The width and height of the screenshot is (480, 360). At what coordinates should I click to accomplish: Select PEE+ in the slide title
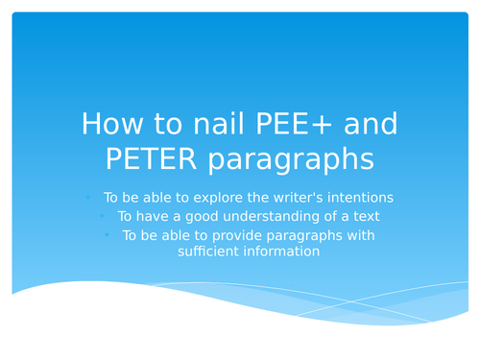tap(278, 125)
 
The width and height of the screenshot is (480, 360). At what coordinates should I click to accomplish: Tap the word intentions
tap(359, 198)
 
